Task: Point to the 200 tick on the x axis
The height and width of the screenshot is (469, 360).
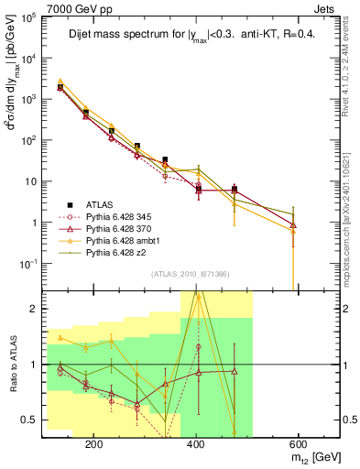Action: pos(170,442)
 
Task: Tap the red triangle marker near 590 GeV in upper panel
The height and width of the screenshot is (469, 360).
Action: pos(293,224)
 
